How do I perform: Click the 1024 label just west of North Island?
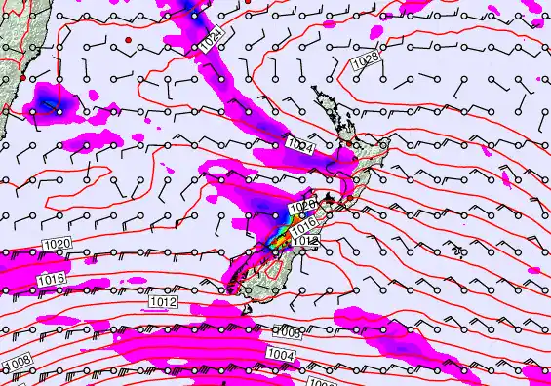[x=300, y=146]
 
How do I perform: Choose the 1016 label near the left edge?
[x=53, y=279]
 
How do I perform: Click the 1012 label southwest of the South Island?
[x=164, y=302]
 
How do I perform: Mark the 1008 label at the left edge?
[x=19, y=362]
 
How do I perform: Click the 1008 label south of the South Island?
[x=288, y=331]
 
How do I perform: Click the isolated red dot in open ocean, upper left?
[x=128, y=39]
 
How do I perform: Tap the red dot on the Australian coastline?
[x=21, y=77]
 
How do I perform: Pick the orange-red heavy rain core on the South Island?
[x=284, y=234]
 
